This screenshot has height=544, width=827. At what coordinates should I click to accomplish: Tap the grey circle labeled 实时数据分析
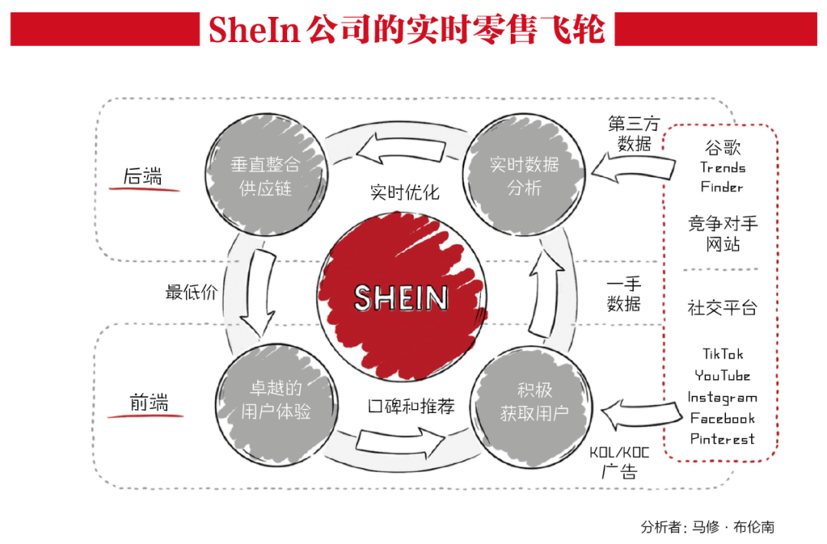(525, 175)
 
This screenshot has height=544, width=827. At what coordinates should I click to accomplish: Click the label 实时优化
(405, 192)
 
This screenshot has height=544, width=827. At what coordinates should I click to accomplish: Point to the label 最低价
(191, 292)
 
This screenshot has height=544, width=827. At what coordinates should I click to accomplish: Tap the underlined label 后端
(143, 176)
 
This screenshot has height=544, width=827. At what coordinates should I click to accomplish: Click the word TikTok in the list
(723, 354)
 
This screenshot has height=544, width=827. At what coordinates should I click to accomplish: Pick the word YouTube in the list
(722, 375)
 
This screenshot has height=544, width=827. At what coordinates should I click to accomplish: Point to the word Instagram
(722, 397)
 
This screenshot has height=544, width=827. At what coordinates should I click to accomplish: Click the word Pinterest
(722, 439)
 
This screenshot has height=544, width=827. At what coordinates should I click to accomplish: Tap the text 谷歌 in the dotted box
(722, 147)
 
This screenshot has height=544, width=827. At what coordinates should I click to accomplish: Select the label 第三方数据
(633, 133)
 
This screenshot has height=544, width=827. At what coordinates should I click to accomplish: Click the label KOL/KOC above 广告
(619, 452)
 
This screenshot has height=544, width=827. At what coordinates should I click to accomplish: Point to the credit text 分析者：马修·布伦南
(708, 527)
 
